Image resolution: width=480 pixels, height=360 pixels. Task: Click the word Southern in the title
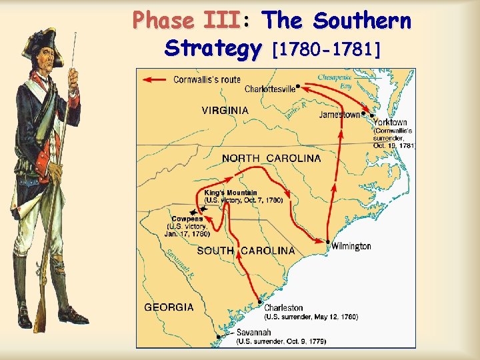363,22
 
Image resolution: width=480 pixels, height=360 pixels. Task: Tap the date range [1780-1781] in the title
323,49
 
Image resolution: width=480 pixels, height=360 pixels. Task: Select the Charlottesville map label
270,89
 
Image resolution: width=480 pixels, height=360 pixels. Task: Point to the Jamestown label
339,115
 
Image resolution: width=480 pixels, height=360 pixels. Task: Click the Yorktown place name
390,123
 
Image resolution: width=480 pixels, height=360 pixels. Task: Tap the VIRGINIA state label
225,111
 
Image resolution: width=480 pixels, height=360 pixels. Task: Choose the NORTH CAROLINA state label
271,159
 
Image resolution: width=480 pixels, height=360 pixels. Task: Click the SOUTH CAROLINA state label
245,251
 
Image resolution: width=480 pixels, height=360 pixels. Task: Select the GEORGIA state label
169,307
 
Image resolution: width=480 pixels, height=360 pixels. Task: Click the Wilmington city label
351,247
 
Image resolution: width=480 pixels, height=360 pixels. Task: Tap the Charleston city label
283,308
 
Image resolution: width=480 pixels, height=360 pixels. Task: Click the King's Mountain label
231,193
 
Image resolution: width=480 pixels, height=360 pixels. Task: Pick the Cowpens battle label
187,219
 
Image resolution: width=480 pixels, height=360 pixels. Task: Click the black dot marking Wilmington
328,242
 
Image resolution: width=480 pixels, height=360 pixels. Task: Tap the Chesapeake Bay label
334,81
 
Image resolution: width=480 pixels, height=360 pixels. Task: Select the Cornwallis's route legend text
207,80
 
